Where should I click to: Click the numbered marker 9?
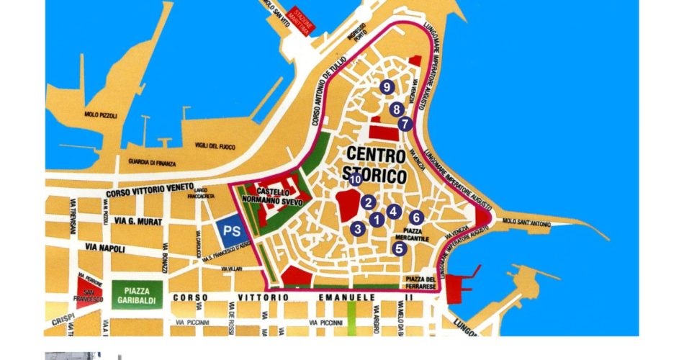[x=387, y=87]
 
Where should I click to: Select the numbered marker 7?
[x=405, y=124]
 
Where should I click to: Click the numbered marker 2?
[x=368, y=202]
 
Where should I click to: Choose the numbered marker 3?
[x=357, y=229]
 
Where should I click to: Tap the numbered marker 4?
[x=392, y=212]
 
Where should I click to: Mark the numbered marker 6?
[x=415, y=217]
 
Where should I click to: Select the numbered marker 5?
[x=400, y=249]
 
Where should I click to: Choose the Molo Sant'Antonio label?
[x=527, y=222]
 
